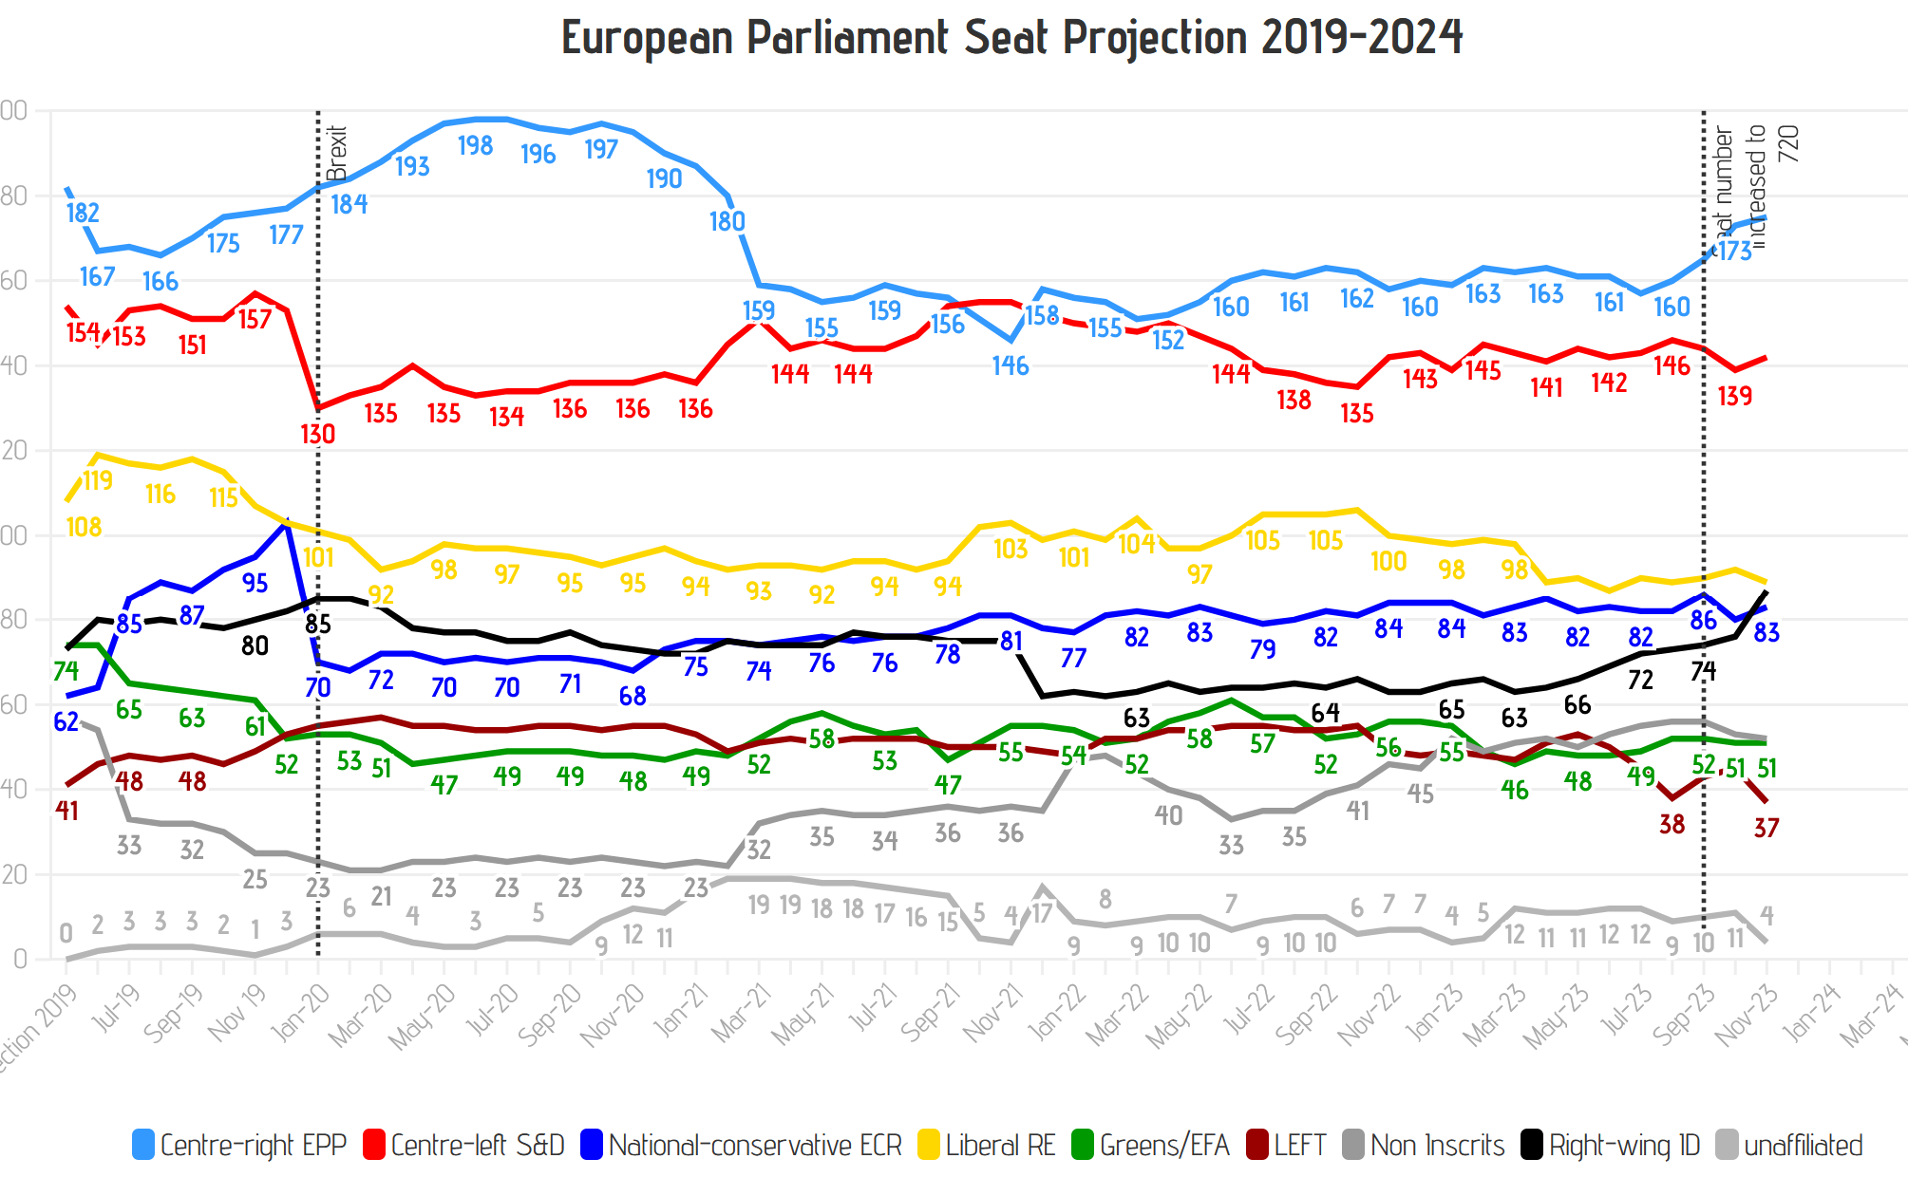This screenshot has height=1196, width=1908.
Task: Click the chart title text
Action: pyautogui.click(x=1011, y=38)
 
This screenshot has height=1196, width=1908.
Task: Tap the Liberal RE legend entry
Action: pyautogui.click(x=987, y=1146)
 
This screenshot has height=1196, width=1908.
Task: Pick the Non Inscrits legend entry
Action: pyautogui.click(x=1424, y=1146)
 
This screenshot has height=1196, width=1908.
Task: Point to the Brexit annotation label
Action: pyautogui.click(x=337, y=153)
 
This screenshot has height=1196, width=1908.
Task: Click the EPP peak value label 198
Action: pyautogui.click(x=475, y=145)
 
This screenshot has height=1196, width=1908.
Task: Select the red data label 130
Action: pyautogui.click(x=317, y=434)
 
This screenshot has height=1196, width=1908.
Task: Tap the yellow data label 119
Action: pyautogui.click(x=98, y=480)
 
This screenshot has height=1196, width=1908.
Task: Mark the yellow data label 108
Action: pyautogui.click(x=84, y=527)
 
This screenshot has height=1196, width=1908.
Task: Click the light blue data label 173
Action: pyautogui.click(x=1735, y=251)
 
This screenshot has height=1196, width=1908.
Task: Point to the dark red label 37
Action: pyautogui.click(x=1766, y=828)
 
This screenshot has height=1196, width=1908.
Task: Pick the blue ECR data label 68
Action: pyautogui.click(x=633, y=696)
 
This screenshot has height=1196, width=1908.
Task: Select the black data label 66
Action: pyautogui.click(x=1577, y=704)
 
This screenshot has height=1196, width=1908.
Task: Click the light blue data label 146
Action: pyautogui.click(x=1011, y=365)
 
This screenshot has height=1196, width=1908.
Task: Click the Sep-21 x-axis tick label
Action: pyautogui.click(x=929, y=1012)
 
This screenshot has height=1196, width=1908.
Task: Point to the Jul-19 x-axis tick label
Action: pyautogui.click(x=116, y=1008)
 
